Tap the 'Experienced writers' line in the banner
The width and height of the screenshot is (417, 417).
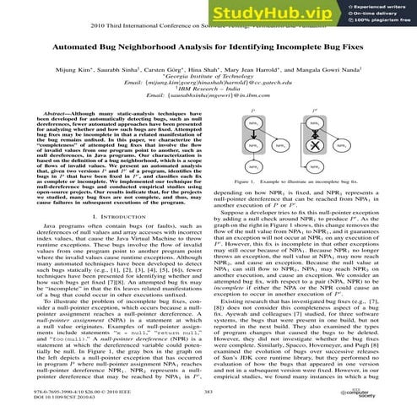coord(384,8)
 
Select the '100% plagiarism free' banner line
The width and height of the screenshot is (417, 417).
coord(385,22)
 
